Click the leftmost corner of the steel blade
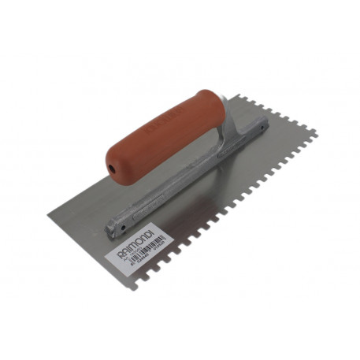tap(50, 208)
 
